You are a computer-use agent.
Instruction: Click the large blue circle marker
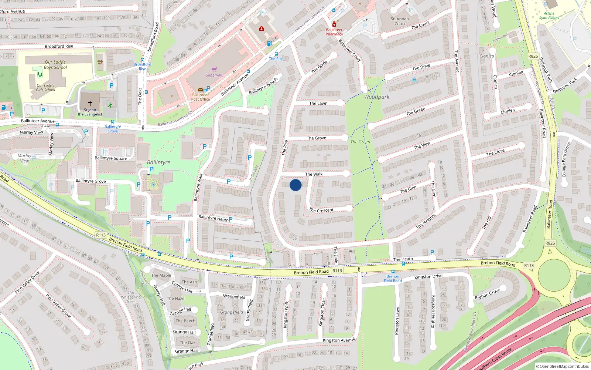[x=295, y=185]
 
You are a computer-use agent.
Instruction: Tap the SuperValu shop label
[x=215, y=75]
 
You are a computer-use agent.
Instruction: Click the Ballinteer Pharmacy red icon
[x=334, y=24]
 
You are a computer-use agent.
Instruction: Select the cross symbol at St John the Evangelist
[x=90, y=103]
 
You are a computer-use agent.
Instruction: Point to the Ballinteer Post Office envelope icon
[x=200, y=90]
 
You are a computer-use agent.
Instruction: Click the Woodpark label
[x=377, y=97]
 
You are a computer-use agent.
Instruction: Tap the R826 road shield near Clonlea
[x=533, y=56]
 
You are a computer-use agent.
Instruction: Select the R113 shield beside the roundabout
[x=529, y=266]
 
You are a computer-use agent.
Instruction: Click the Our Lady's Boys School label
[x=55, y=65]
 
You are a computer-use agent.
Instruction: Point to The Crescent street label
[x=321, y=210]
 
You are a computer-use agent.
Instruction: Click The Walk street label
[x=314, y=174]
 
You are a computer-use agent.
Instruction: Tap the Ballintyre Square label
[x=111, y=158]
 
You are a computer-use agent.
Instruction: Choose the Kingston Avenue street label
[x=339, y=340]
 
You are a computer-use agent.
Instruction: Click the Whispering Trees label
[x=131, y=299]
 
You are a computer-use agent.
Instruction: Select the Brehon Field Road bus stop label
[x=393, y=279]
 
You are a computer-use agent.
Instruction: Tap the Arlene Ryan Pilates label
[x=549, y=16]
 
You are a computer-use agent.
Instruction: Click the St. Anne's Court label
[x=400, y=21]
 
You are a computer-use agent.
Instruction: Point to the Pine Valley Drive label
[x=27, y=283]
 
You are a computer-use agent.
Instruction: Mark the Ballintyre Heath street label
[x=213, y=218]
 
